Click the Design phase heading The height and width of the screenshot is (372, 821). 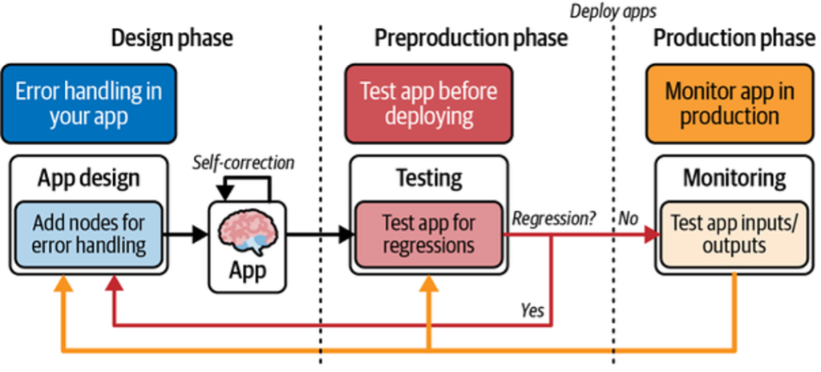point(172,37)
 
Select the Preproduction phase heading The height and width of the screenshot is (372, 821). point(471,37)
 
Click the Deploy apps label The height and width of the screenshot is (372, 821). point(613,10)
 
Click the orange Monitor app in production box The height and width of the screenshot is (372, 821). point(729,103)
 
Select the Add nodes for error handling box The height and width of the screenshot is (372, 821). point(89,234)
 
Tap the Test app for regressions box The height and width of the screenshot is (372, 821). point(428,233)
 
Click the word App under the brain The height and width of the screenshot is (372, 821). point(247,270)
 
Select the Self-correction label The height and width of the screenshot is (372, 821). point(244,163)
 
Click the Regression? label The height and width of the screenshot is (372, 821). point(554,218)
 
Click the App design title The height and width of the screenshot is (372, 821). point(88,177)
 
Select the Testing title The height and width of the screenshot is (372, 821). point(429,177)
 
